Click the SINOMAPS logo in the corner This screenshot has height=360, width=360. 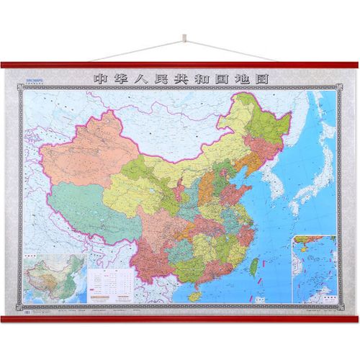pos(36,81)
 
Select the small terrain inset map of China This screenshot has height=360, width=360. pos(55,278)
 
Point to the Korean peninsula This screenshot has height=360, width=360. pos(269,176)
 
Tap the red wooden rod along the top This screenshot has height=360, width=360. pos(180,66)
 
